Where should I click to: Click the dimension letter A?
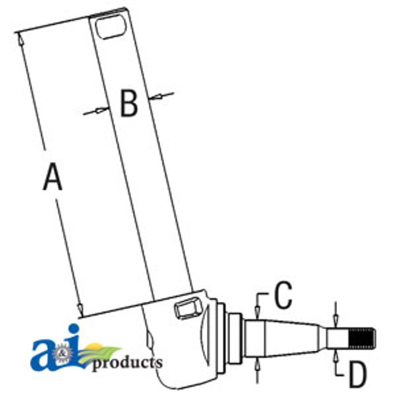[x=52, y=177]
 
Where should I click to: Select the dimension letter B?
[x=129, y=103]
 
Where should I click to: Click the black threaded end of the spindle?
[x=362, y=339]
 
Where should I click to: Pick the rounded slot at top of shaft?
[x=110, y=27]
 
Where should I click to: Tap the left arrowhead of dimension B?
[x=101, y=110]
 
